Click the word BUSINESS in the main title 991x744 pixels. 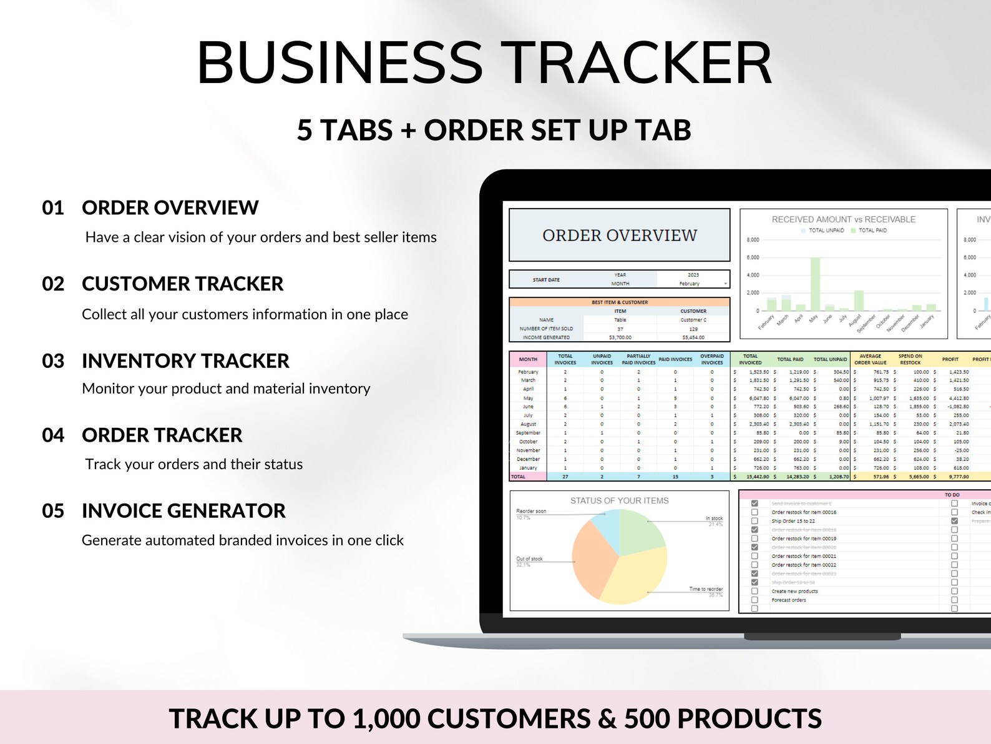point(340,63)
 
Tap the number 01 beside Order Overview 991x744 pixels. point(53,208)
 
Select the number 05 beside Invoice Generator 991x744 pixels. point(53,511)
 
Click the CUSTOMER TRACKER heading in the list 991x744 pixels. point(182,284)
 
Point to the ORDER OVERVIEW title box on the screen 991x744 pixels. point(619,235)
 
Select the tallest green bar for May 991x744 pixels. point(815,284)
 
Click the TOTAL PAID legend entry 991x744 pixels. point(872,231)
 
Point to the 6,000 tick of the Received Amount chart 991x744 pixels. point(753,257)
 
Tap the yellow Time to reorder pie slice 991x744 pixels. point(633,578)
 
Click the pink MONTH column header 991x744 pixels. point(528,359)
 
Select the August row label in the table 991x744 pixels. point(528,424)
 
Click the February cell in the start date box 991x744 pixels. point(689,284)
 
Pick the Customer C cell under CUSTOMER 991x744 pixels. point(693,320)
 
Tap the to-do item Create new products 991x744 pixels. point(794,591)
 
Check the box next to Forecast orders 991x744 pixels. point(754,600)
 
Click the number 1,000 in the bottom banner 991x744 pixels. point(386,719)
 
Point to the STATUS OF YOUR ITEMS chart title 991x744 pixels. point(619,501)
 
